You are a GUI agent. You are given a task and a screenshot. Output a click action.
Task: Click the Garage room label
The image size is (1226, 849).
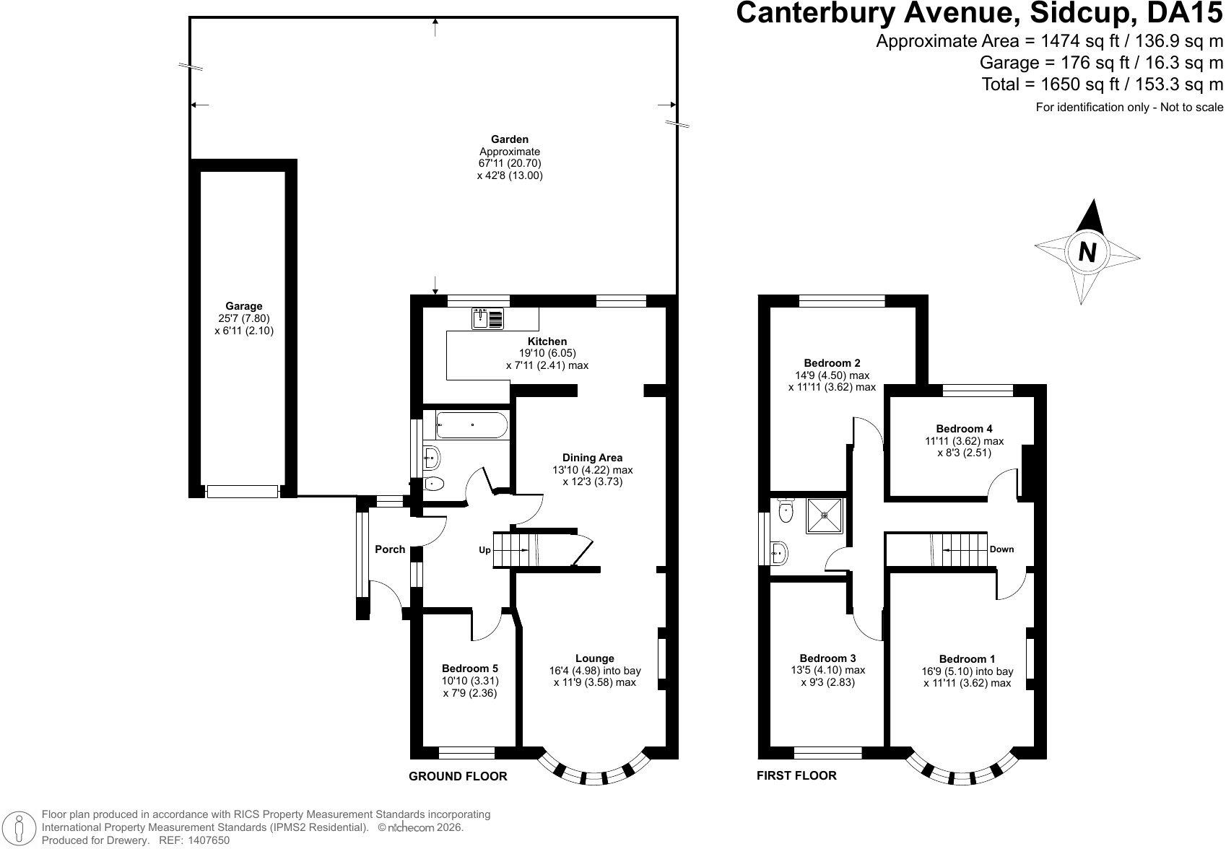(x=243, y=306)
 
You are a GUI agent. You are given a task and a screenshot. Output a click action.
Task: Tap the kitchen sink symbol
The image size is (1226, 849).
(x=487, y=319)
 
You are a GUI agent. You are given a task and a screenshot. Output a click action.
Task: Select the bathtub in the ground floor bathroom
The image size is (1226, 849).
(x=471, y=425)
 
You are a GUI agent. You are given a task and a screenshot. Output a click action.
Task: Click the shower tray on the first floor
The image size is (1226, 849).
(x=824, y=515)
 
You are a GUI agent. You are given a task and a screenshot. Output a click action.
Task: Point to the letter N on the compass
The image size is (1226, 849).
(x=1087, y=252)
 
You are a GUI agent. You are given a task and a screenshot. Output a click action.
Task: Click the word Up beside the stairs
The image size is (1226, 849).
(x=485, y=550)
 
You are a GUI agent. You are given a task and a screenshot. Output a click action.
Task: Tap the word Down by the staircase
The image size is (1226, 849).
(x=1001, y=549)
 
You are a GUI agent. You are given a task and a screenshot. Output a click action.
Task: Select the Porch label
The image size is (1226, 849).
(x=390, y=549)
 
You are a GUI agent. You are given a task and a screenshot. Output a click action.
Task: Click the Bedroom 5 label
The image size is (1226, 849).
(x=469, y=669)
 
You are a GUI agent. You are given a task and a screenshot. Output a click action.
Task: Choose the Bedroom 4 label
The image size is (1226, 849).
(x=964, y=429)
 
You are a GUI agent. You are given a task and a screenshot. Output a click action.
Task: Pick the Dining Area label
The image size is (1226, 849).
(x=592, y=458)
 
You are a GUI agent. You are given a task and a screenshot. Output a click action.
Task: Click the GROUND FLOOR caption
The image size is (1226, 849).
(x=458, y=776)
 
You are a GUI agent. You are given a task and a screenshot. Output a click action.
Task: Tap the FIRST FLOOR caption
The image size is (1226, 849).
(x=796, y=775)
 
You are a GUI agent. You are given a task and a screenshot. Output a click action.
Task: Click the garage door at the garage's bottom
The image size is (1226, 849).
(x=243, y=492)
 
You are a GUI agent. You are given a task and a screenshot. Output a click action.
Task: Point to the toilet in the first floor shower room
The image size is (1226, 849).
(x=786, y=510)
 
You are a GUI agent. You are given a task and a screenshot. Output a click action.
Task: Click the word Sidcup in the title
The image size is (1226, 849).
(x=1080, y=13)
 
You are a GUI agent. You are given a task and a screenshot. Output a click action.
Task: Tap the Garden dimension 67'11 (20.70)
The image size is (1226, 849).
(x=510, y=163)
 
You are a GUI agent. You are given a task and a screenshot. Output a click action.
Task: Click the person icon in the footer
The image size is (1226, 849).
(x=19, y=827)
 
